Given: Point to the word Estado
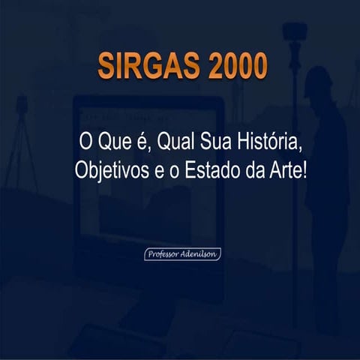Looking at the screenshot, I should point(215,168).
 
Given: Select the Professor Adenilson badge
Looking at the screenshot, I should point(182,254).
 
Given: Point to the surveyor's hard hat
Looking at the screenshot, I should point(319,78).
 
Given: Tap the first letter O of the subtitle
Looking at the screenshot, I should point(84,140).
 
